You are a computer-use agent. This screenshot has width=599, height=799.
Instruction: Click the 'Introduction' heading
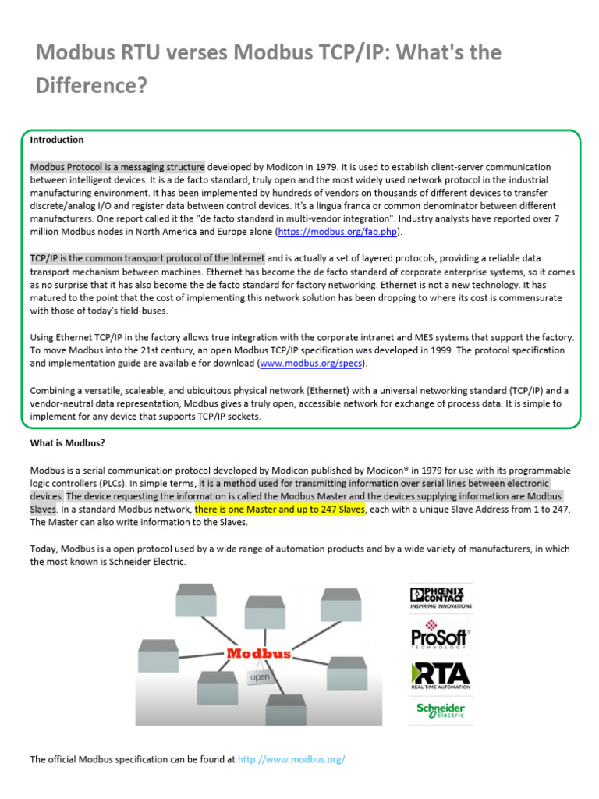click(x=57, y=140)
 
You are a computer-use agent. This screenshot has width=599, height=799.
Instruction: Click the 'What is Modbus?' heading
click(x=67, y=443)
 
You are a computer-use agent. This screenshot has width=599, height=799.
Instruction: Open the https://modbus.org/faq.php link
click(x=339, y=232)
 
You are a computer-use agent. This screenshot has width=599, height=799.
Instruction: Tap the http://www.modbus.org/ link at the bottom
click(x=291, y=759)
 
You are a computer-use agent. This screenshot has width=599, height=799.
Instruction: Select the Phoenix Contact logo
click(x=441, y=598)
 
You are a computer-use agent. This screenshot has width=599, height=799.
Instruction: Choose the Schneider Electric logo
click(x=441, y=710)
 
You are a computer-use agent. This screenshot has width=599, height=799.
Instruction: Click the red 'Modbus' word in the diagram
click(x=259, y=653)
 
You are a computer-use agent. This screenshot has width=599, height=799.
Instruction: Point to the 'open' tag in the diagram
click(x=260, y=677)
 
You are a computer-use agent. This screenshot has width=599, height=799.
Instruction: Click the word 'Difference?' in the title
click(x=91, y=85)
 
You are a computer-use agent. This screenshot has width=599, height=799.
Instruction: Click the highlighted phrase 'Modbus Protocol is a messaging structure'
click(x=118, y=167)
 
